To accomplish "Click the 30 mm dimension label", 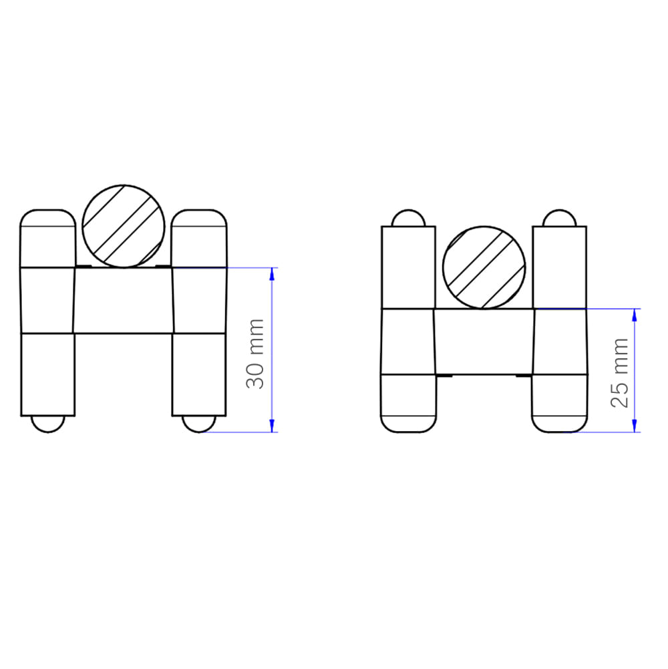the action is coord(255,354).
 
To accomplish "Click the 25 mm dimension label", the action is coord(620,373).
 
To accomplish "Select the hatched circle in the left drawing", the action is coord(124,227).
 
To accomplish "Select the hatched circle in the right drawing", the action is coord(484,267).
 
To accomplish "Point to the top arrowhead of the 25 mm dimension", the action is coord(635,315).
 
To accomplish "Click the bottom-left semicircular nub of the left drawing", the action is coord(48,424).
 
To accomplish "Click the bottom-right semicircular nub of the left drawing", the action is coord(199,424).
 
